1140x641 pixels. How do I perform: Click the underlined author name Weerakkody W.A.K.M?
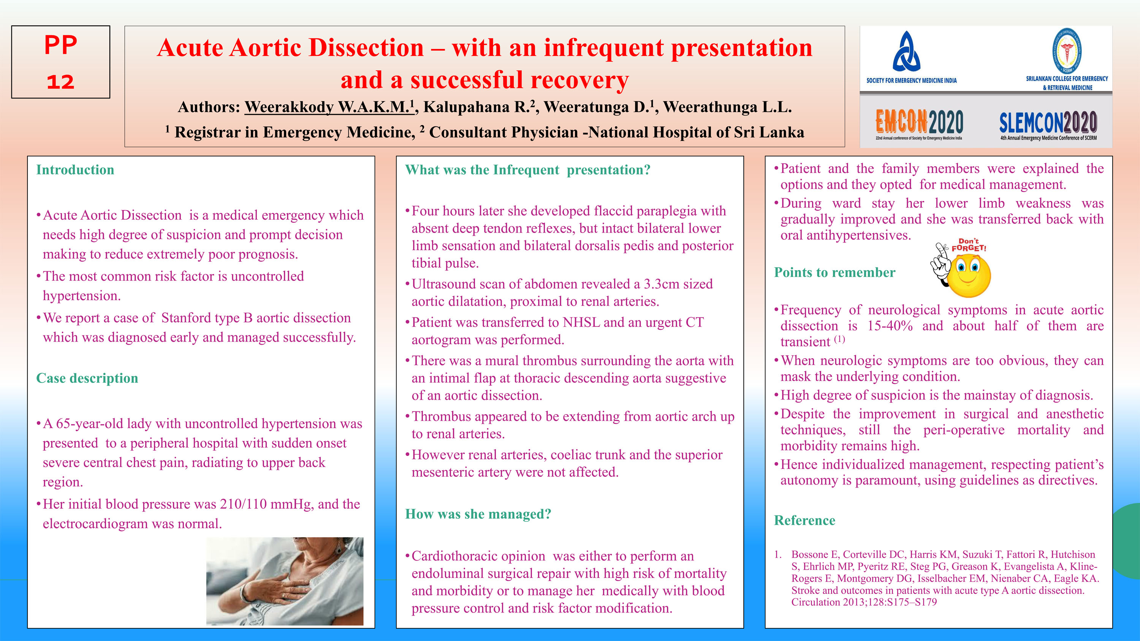(329, 107)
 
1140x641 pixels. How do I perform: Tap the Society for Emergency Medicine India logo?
(906, 52)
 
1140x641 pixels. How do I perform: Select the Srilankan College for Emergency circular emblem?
(1067, 51)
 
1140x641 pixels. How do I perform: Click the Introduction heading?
(75, 170)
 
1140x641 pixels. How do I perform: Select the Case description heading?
(87, 378)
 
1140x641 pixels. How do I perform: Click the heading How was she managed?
(478, 514)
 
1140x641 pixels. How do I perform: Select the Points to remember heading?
(834, 272)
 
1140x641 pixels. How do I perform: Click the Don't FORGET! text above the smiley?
(969, 245)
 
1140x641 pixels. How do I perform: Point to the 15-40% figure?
(890, 326)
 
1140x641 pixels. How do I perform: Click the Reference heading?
(804, 521)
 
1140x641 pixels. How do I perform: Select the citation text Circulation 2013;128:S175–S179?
(863, 602)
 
